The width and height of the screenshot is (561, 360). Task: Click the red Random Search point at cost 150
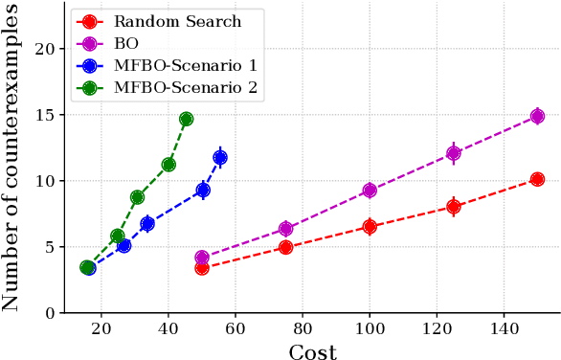[x=537, y=179]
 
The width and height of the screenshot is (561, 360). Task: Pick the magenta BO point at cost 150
[x=537, y=117]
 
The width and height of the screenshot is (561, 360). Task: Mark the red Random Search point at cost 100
[x=370, y=227]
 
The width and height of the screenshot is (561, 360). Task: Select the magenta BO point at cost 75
[x=285, y=229]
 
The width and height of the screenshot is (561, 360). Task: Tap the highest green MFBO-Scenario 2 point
[x=186, y=119]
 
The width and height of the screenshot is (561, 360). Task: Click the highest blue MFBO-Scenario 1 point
[x=220, y=158]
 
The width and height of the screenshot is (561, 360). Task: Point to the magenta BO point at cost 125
[x=454, y=153]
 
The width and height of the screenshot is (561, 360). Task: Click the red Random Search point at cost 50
[x=202, y=268]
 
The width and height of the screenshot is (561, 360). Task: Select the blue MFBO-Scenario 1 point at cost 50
[x=203, y=191]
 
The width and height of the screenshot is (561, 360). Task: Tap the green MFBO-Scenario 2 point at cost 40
[x=168, y=165]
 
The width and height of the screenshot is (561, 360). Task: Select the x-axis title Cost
[x=312, y=351]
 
